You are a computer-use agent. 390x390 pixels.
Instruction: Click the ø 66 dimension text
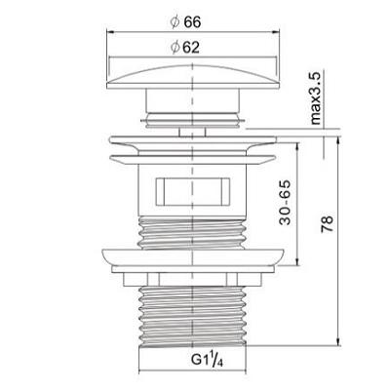pyautogui.click(x=185, y=22)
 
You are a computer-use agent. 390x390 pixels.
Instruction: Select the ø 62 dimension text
pyautogui.click(x=185, y=48)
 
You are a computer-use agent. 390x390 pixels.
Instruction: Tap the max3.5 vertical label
pyautogui.click(x=316, y=98)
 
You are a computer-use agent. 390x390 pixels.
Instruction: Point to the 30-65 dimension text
pyautogui.click(x=285, y=203)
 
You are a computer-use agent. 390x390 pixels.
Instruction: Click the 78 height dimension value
pyautogui.click(x=328, y=223)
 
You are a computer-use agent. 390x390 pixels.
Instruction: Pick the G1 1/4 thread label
pyautogui.click(x=207, y=359)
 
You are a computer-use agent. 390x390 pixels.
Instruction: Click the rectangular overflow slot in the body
pyautogui.click(x=193, y=192)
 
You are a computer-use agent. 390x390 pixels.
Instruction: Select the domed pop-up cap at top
pyautogui.click(x=193, y=77)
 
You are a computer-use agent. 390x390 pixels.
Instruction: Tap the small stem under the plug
pyautogui.click(x=192, y=133)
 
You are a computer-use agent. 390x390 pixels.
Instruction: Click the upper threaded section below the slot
pyautogui.click(x=192, y=233)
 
